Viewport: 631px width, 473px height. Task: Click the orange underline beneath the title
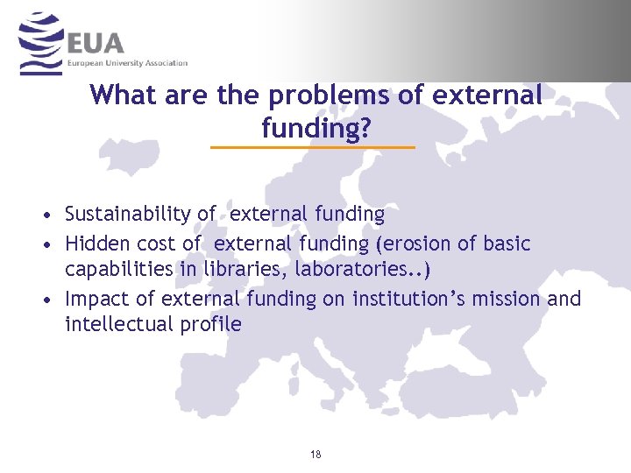313,147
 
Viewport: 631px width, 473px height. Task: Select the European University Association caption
128,64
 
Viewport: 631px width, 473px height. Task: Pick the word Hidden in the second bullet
97,244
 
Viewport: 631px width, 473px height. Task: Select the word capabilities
119,269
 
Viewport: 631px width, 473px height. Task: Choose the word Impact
96,299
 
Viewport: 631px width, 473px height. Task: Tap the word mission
511,299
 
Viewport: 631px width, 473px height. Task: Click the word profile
211,324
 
